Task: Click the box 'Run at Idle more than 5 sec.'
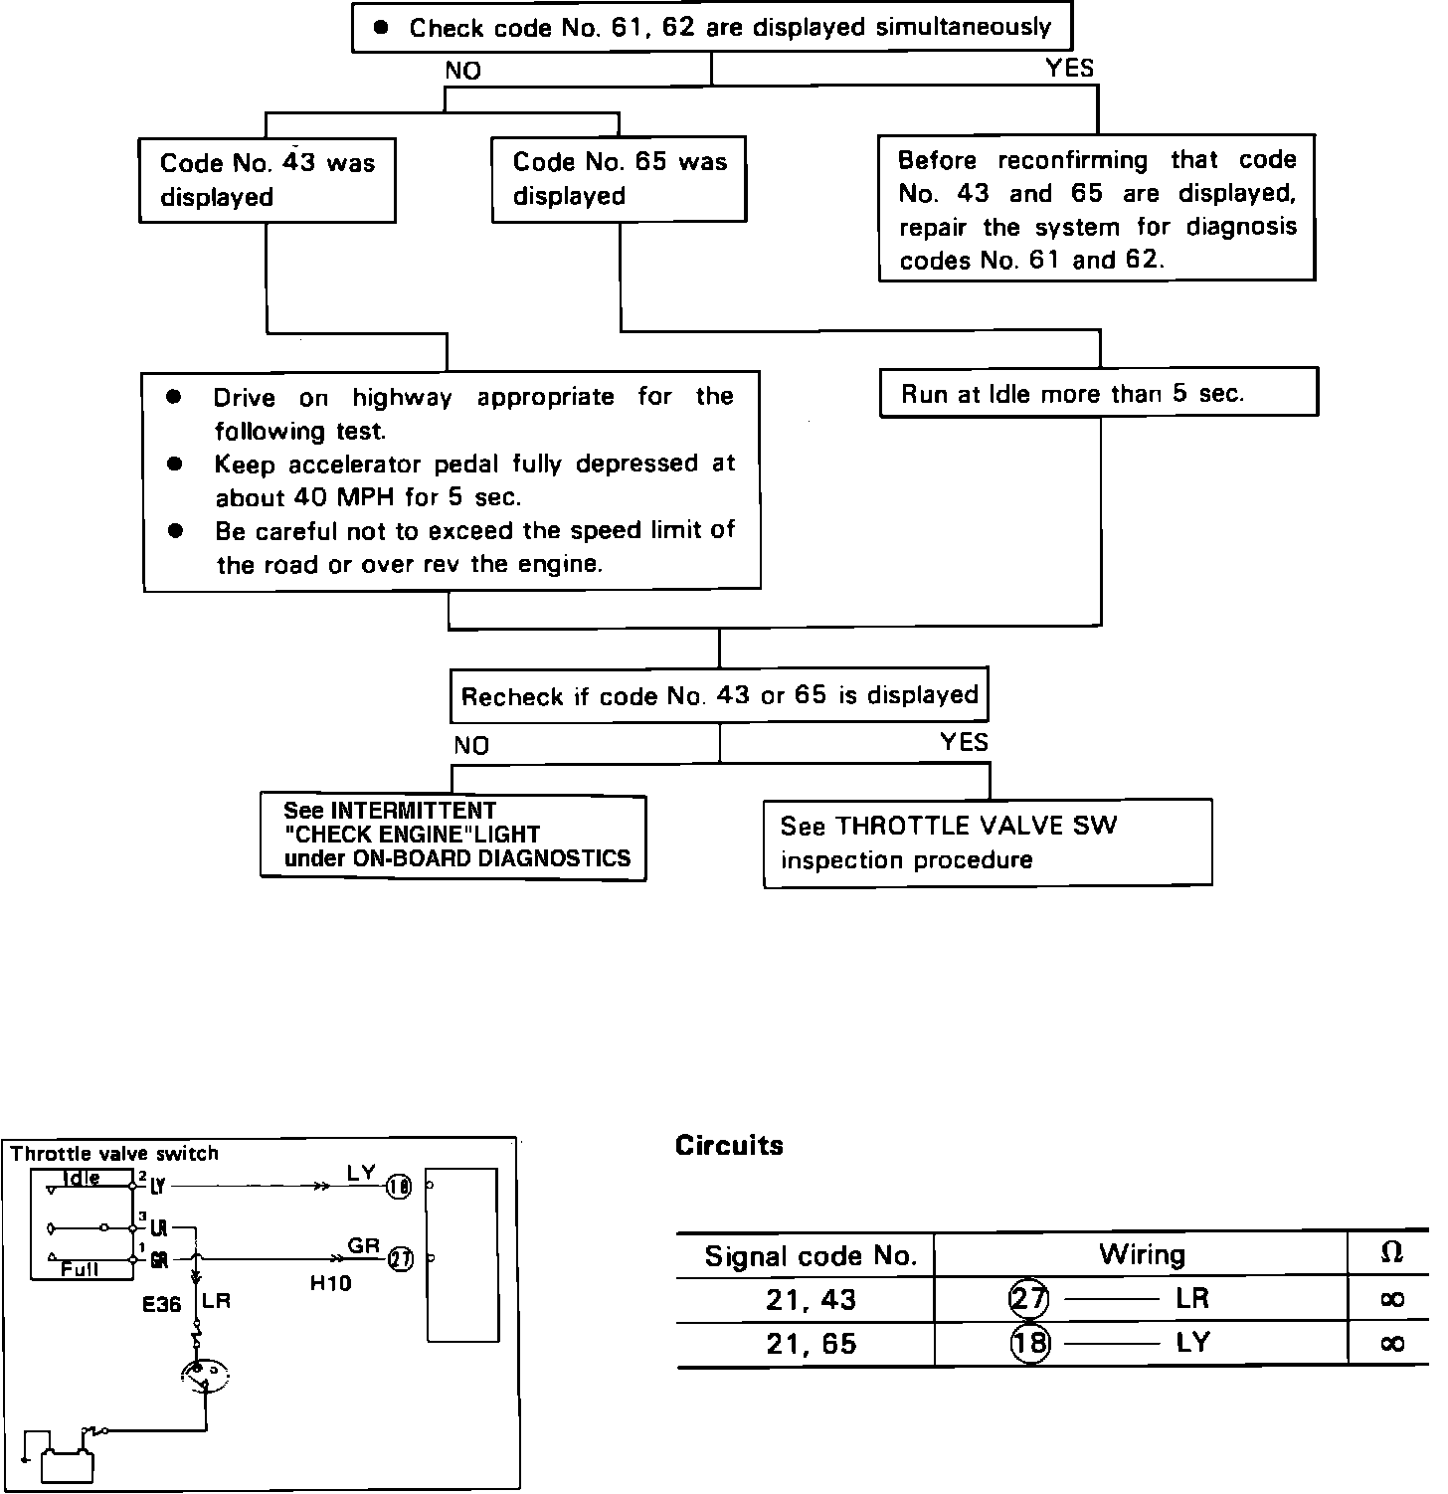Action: pos(1098,393)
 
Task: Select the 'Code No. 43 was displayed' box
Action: pos(267,180)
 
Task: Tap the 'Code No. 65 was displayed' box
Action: pos(619,179)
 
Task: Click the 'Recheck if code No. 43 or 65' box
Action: pos(719,695)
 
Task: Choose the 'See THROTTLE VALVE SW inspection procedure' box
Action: pos(987,842)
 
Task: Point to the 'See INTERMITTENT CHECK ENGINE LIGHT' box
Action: pos(452,836)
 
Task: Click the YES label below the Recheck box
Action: pos(964,742)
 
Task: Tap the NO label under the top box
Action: pos(462,71)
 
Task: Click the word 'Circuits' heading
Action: pos(729,1146)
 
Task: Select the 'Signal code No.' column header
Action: pos(810,1256)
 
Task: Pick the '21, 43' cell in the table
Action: pos(812,1300)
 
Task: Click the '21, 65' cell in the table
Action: pos(812,1344)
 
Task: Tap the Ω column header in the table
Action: pos(1392,1254)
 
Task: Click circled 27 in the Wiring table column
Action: pos(1028,1299)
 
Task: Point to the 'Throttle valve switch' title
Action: pos(114,1154)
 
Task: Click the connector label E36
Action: pos(162,1302)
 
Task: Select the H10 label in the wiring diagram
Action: pos(331,1283)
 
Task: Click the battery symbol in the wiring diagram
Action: pos(68,1465)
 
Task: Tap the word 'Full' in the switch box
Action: pos(79,1269)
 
